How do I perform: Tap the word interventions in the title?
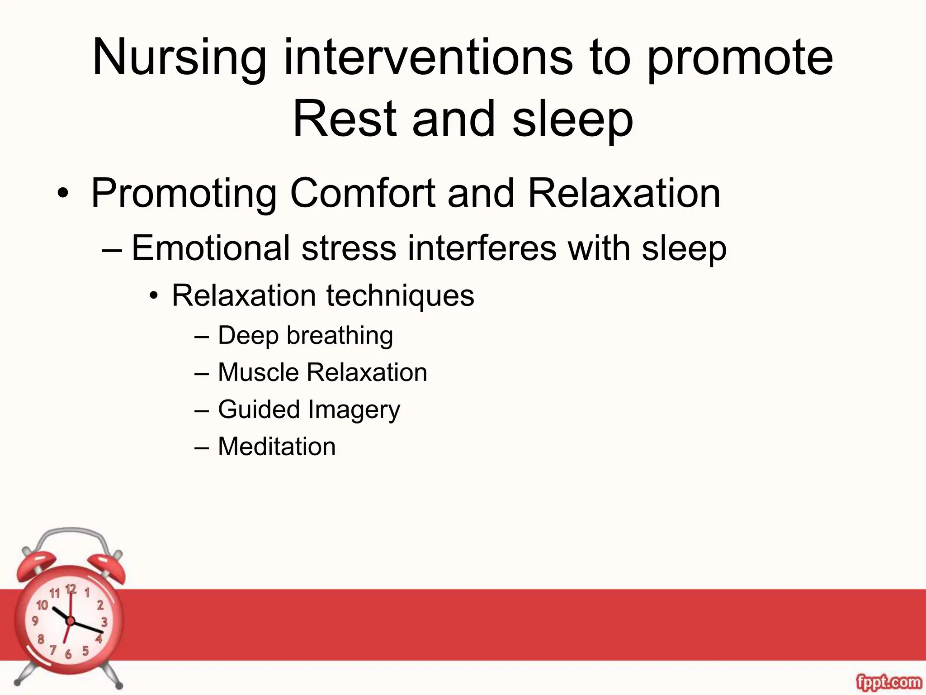(428, 58)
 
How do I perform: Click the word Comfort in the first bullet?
(362, 193)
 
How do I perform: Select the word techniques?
(400, 295)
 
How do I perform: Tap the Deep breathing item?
(305, 336)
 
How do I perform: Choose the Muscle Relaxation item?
(322, 372)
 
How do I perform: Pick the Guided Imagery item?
(309, 409)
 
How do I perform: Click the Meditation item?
(277, 447)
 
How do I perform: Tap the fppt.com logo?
(888, 681)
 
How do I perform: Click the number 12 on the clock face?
(71, 590)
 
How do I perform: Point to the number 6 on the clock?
(68, 654)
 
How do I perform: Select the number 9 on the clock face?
(35, 621)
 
